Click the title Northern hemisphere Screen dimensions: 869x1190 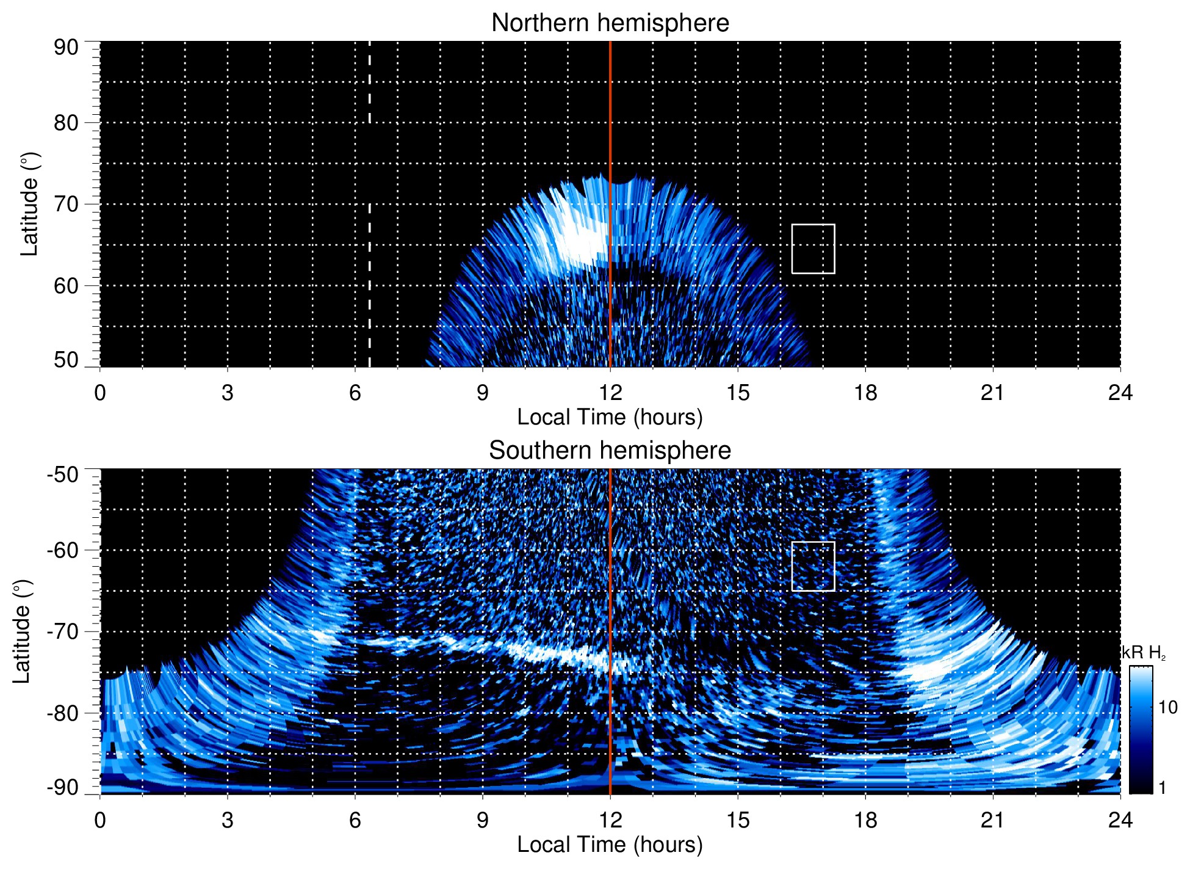pos(610,23)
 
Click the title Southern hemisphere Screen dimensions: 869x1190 pos(610,451)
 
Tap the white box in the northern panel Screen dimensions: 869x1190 pos(813,249)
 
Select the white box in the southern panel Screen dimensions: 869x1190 pos(813,566)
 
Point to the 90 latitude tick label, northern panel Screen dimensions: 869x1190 pos(66,48)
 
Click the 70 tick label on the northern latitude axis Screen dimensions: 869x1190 pos(66,204)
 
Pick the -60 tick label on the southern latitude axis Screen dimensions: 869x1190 pos(63,550)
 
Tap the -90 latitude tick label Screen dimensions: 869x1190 pos(63,787)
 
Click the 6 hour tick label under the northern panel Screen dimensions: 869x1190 pos(355,393)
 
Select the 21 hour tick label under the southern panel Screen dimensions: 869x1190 pos(992,820)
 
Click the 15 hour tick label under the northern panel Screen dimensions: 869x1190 pos(737,393)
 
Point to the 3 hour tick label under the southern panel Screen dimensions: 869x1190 pos(227,820)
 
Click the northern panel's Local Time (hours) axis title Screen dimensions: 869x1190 pos(610,417)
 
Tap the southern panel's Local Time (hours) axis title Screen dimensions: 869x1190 pos(610,845)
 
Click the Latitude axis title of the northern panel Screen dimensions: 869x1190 pos(29,204)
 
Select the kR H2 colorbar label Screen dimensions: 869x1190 pos(1144,653)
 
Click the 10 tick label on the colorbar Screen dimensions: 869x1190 pos(1167,707)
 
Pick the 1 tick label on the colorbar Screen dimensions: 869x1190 pos(1162,787)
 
